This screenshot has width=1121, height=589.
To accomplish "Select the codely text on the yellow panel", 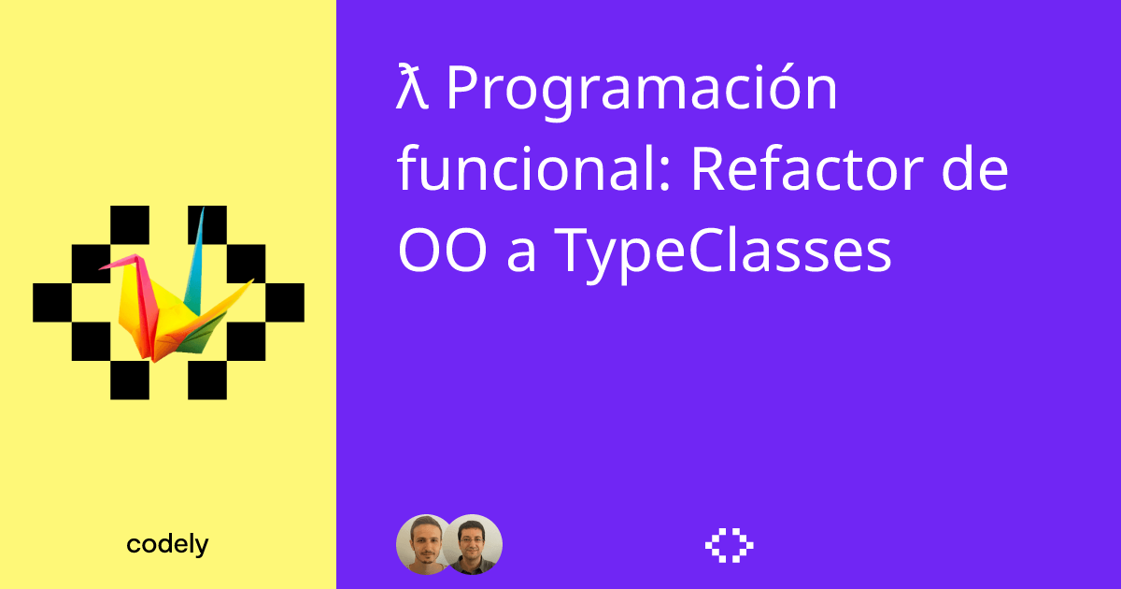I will coord(167,545).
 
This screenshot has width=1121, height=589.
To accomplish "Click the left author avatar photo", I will coord(425,544).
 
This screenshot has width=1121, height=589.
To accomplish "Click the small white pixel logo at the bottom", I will coord(729,545).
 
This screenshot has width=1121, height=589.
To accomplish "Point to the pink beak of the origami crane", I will coord(106,266).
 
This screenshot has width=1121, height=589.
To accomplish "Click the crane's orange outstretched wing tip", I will coord(248,282).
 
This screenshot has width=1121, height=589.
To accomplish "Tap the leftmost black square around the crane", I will coord(52,301).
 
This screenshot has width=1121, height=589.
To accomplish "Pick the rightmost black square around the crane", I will coord(285,301).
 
